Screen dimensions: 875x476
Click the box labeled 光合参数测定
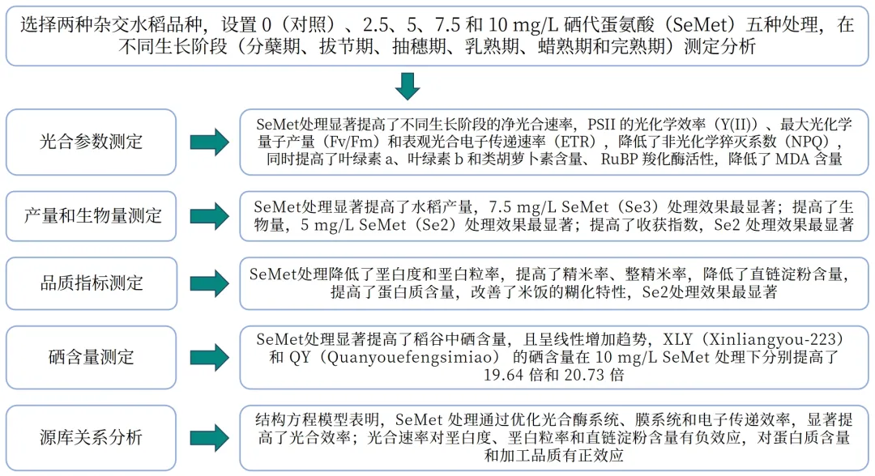(x=91, y=142)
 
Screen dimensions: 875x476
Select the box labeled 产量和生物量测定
(x=91, y=215)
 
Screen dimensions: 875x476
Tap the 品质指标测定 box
(x=91, y=283)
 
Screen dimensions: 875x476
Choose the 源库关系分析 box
(x=91, y=438)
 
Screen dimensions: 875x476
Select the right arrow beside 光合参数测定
(x=209, y=142)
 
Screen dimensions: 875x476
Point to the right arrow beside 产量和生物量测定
(x=209, y=215)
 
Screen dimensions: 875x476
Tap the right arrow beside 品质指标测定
(x=209, y=283)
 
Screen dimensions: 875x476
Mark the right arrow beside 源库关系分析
(x=209, y=438)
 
